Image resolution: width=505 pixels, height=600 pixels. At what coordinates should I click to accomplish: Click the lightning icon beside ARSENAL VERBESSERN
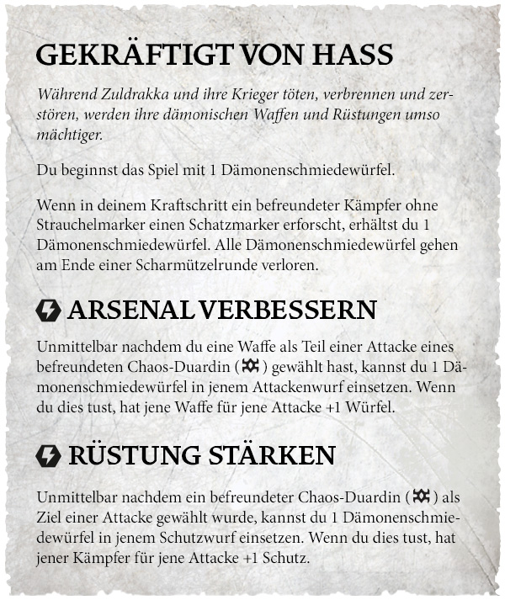[49, 311]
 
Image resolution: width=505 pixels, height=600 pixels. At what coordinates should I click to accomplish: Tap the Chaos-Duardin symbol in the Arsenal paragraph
[249, 367]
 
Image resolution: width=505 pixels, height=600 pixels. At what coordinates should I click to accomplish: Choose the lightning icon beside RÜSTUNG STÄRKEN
[49, 456]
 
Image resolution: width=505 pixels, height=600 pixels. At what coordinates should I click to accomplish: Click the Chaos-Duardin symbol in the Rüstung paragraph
[421, 496]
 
